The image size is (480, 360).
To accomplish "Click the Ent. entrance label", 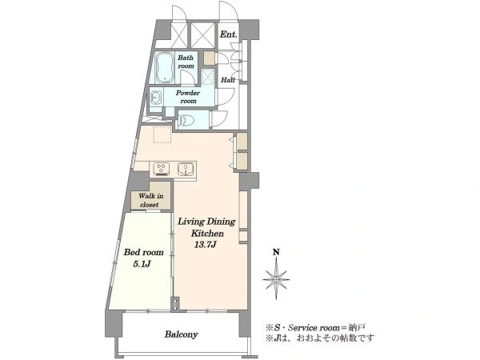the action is click(x=228, y=34).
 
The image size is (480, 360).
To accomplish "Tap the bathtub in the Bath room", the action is click(x=165, y=68).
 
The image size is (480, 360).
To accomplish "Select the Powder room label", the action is click(x=188, y=97).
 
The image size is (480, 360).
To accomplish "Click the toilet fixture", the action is click(x=186, y=118).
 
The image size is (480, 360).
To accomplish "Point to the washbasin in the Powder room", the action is click(x=156, y=98).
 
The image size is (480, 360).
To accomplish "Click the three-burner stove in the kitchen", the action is click(x=162, y=169).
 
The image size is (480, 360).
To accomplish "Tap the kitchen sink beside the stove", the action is click(x=186, y=169).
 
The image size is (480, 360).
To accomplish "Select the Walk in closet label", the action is click(x=150, y=200).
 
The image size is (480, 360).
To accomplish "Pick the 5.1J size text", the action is click(x=142, y=264).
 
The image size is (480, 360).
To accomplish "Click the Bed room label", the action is click(x=143, y=252).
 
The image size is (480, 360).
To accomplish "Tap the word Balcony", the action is click(x=182, y=334).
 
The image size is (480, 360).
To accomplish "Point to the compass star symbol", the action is click(x=276, y=279).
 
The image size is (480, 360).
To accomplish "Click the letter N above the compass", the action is click(x=276, y=252).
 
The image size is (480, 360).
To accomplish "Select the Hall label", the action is click(x=228, y=80).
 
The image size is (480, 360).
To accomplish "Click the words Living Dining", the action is click(x=206, y=222).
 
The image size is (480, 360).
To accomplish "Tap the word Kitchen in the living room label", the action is click(x=207, y=234).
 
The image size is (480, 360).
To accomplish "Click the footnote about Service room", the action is click(x=316, y=327).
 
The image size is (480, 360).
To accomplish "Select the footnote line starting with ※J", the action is click(x=320, y=338).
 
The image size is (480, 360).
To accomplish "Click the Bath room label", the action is click(x=186, y=62).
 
